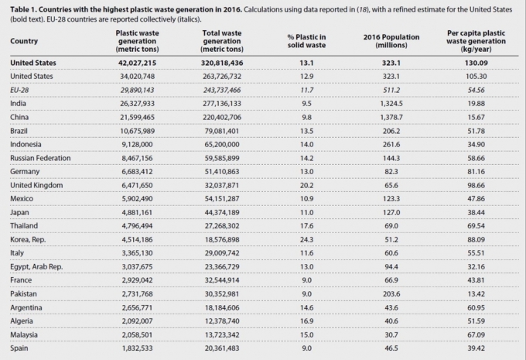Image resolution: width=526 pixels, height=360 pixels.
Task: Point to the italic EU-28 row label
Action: [21, 90]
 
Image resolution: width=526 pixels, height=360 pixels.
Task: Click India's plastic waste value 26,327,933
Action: [138, 104]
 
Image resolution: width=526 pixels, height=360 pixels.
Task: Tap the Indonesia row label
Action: [29, 145]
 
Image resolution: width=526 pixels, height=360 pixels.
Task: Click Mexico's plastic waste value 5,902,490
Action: [138, 199]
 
